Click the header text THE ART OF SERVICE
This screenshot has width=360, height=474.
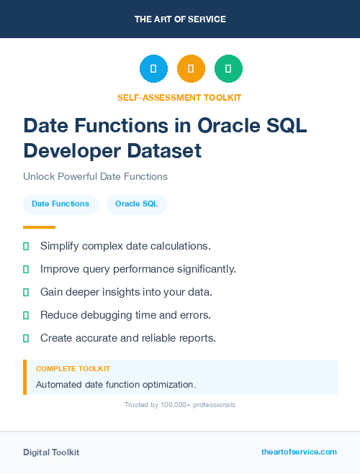click(x=180, y=19)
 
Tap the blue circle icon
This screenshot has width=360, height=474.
click(x=153, y=69)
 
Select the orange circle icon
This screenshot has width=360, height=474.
click(x=191, y=69)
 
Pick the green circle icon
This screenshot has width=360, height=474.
click(x=228, y=69)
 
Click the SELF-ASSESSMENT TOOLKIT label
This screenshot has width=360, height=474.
click(x=179, y=97)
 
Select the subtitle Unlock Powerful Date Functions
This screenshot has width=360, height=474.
click(x=95, y=176)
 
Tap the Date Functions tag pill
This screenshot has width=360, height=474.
click(x=60, y=204)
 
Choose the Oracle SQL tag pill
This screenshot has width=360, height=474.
click(x=137, y=204)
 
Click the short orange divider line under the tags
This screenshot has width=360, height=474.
click(x=39, y=227)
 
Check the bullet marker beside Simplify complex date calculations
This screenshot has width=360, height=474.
click(x=26, y=247)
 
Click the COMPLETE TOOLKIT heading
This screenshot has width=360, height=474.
click(x=73, y=368)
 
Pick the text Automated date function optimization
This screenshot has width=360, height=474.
click(x=116, y=385)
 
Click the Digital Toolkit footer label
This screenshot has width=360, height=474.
click(x=51, y=452)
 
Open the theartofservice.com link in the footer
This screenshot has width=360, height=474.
click(x=299, y=452)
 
